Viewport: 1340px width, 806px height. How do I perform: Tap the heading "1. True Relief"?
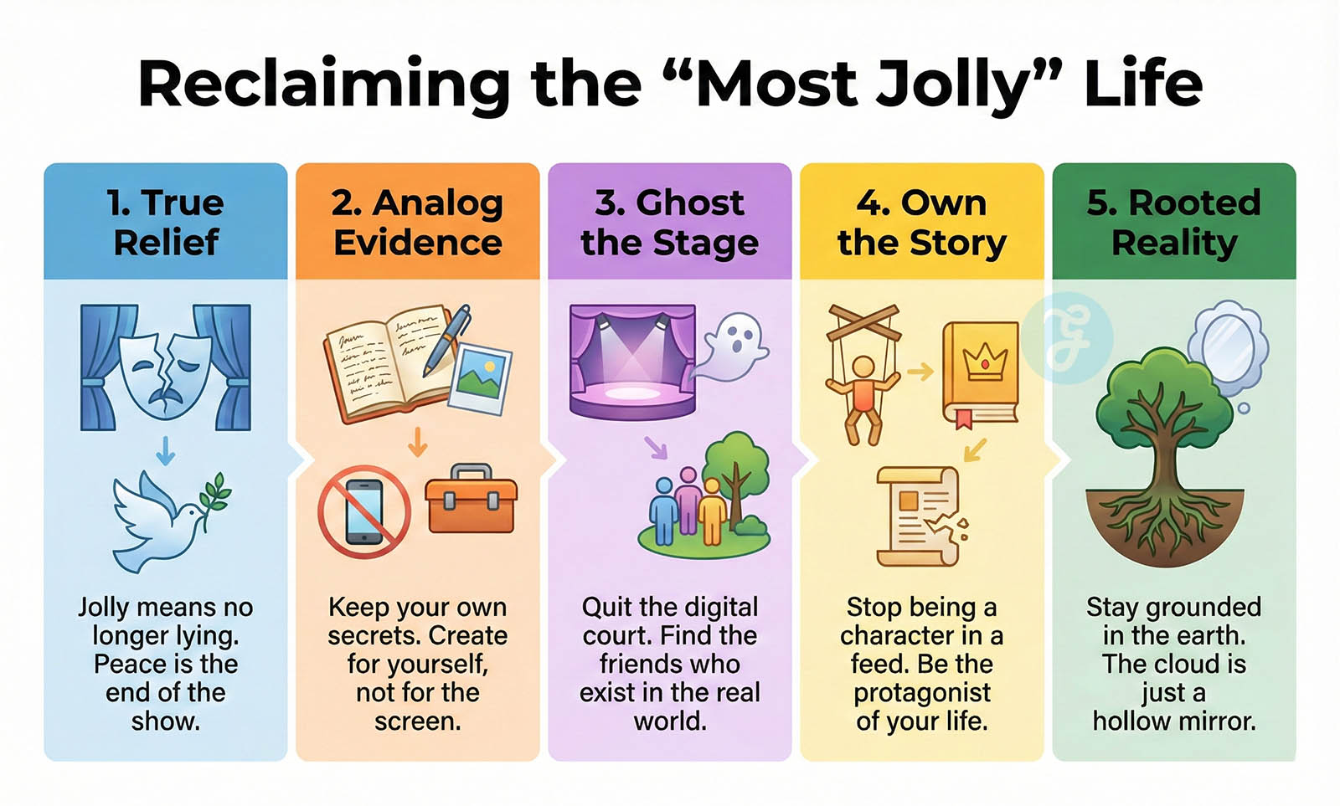[166, 222]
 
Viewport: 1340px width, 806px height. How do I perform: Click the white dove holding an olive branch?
[171, 521]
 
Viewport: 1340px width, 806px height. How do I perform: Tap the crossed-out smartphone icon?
[363, 512]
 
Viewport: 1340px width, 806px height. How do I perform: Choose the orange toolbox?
[471, 499]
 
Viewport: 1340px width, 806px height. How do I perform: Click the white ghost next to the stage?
[734, 347]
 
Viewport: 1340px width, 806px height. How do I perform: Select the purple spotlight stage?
[632, 361]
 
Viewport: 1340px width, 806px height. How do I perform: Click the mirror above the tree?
[1228, 347]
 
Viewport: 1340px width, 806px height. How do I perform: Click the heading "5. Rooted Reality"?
[1173, 222]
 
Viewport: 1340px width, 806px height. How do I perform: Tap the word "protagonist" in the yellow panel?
[922, 692]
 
